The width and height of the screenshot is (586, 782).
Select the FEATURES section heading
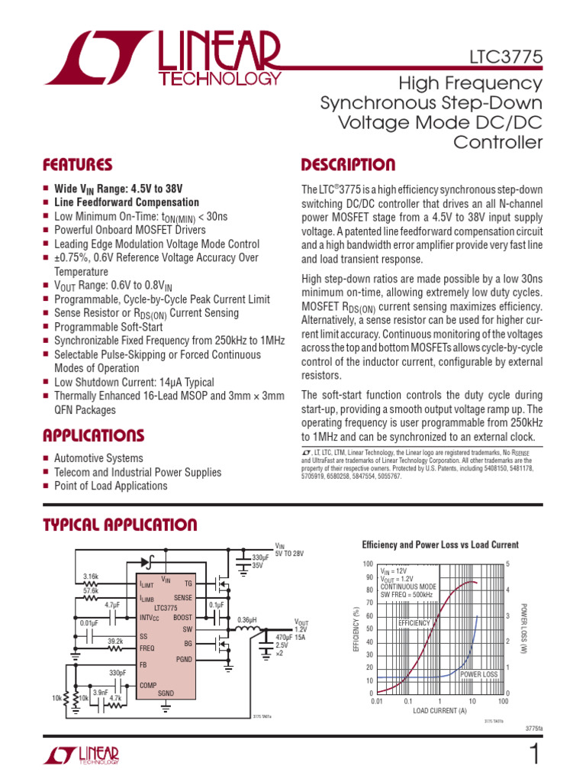pyautogui.click(x=77, y=165)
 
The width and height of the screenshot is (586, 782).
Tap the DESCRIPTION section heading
pyautogui.click(x=348, y=165)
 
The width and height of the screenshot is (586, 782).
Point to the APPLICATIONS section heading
pyautogui.click(x=93, y=435)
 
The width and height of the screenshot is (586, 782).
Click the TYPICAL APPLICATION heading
pyautogui.click(x=120, y=525)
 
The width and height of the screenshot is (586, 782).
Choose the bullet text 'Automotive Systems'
pyautogui.click(x=98, y=458)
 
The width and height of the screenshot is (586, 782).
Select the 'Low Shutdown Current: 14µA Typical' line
pyautogui.click(x=134, y=382)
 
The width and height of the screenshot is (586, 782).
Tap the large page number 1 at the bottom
pyautogui.click(x=533, y=755)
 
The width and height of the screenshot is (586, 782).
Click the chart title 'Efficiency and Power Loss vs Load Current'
pyautogui.click(x=439, y=544)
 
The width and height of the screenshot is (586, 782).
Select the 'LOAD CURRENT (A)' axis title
pyautogui.click(x=439, y=711)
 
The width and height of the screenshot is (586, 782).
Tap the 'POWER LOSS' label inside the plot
pyautogui.click(x=478, y=674)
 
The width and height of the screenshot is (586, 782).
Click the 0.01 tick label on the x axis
pyautogui.click(x=376, y=700)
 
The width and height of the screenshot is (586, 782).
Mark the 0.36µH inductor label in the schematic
pyautogui.click(x=246, y=619)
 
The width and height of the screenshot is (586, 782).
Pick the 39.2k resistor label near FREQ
pyautogui.click(x=116, y=641)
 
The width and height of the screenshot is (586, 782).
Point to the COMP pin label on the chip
pyautogui.click(x=148, y=685)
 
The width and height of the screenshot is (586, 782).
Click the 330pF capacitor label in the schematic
pyautogui.click(x=118, y=672)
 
